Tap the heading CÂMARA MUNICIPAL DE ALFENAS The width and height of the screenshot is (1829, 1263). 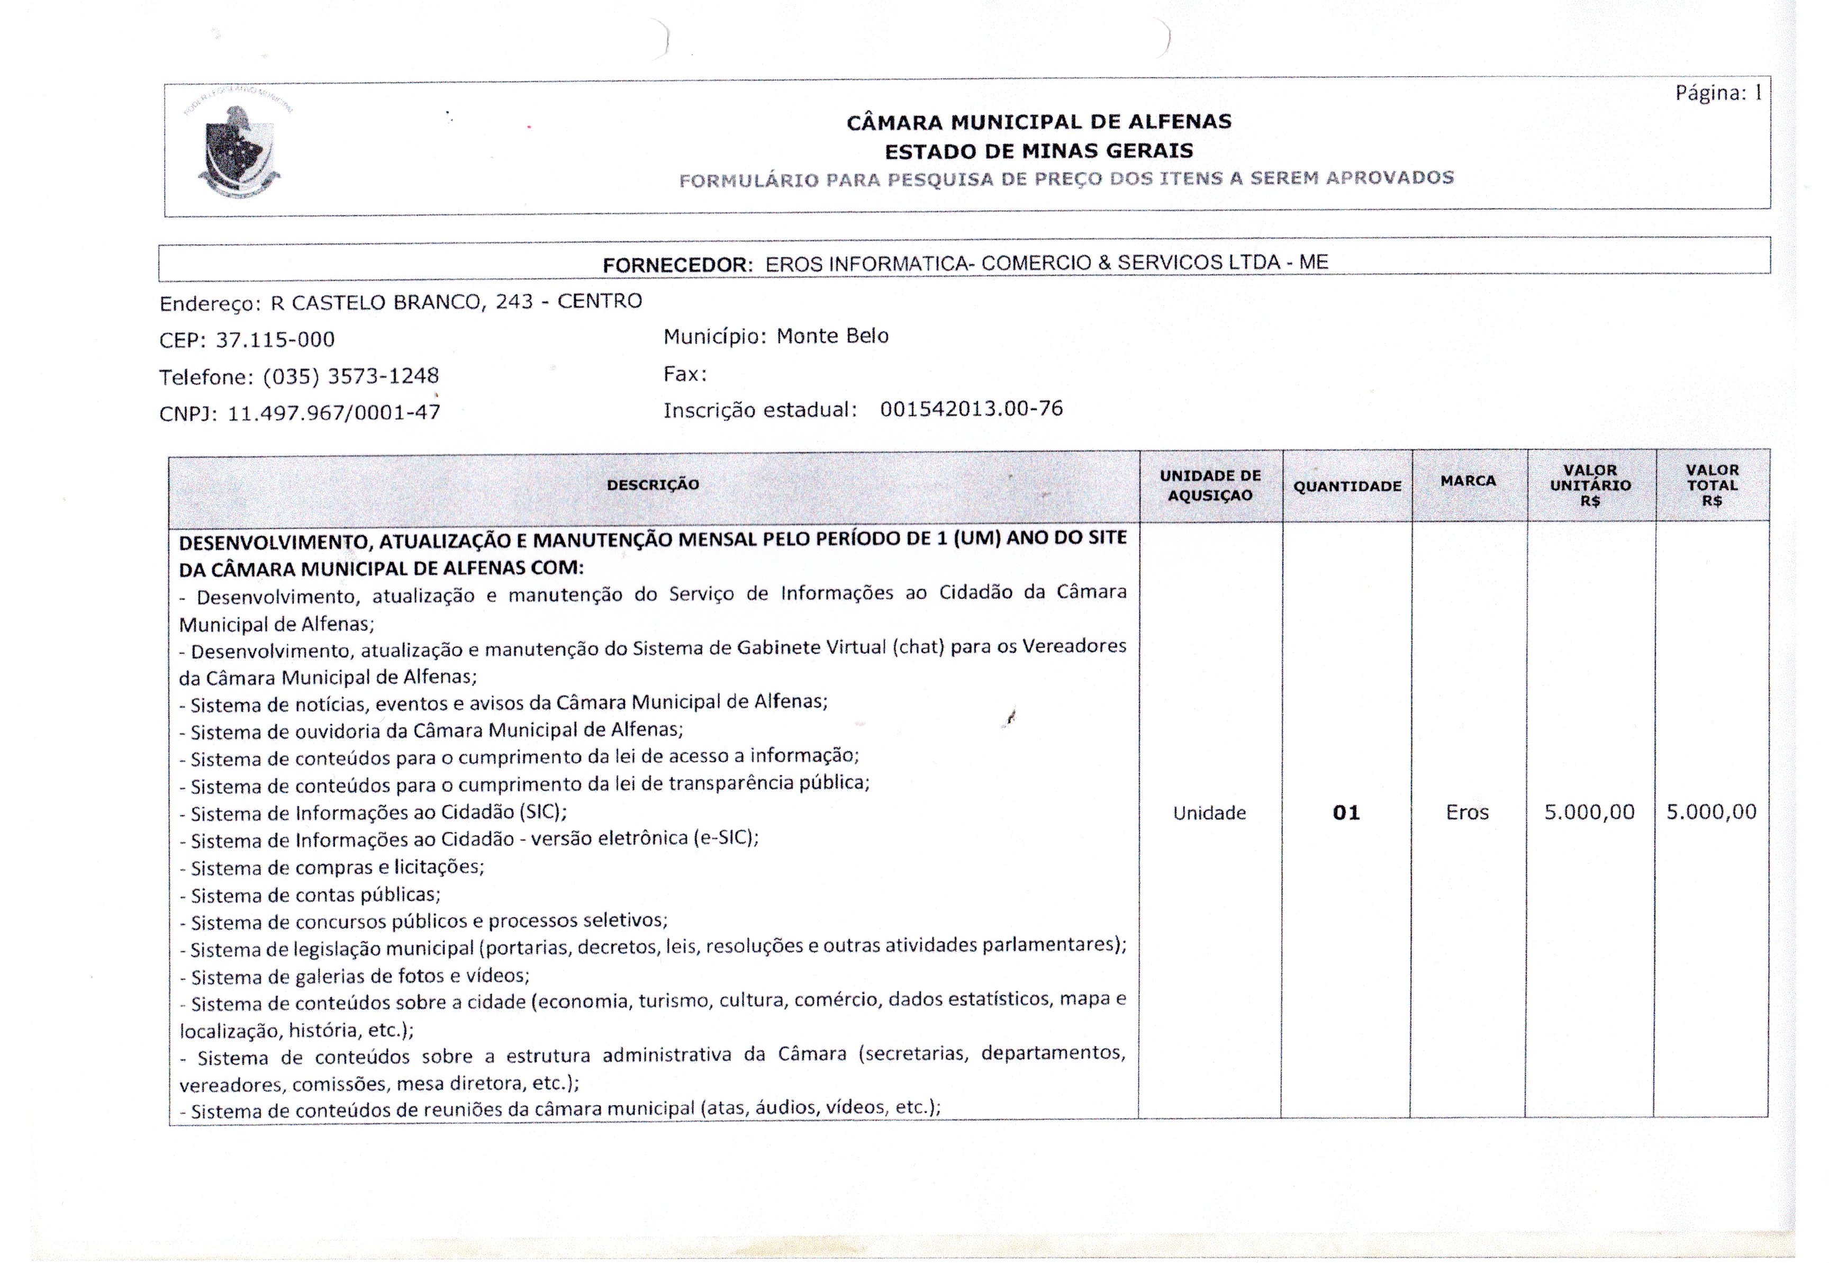pos(1039,122)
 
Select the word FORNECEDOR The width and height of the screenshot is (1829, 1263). pos(676,265)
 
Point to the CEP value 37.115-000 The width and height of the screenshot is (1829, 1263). pos(275,339)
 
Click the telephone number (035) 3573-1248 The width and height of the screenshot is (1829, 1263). pos(350,376)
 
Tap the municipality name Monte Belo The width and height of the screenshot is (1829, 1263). pos(832,336)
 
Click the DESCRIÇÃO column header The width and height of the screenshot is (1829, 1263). pos(653,484)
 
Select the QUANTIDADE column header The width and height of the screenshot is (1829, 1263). pos(1347,486)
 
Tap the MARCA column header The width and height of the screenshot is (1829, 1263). pos(1468,480)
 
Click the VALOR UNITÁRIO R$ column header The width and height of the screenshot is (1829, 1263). pos(1590,485)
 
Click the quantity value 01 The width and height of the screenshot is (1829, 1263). pos(1346,813)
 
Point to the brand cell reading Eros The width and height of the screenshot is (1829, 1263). pos(1468,812)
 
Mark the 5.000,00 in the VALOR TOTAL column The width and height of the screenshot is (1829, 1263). pos(1711,811)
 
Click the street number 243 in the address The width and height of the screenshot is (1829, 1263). pos(514,302)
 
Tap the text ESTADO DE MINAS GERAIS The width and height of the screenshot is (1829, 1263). pos(1039,150)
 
